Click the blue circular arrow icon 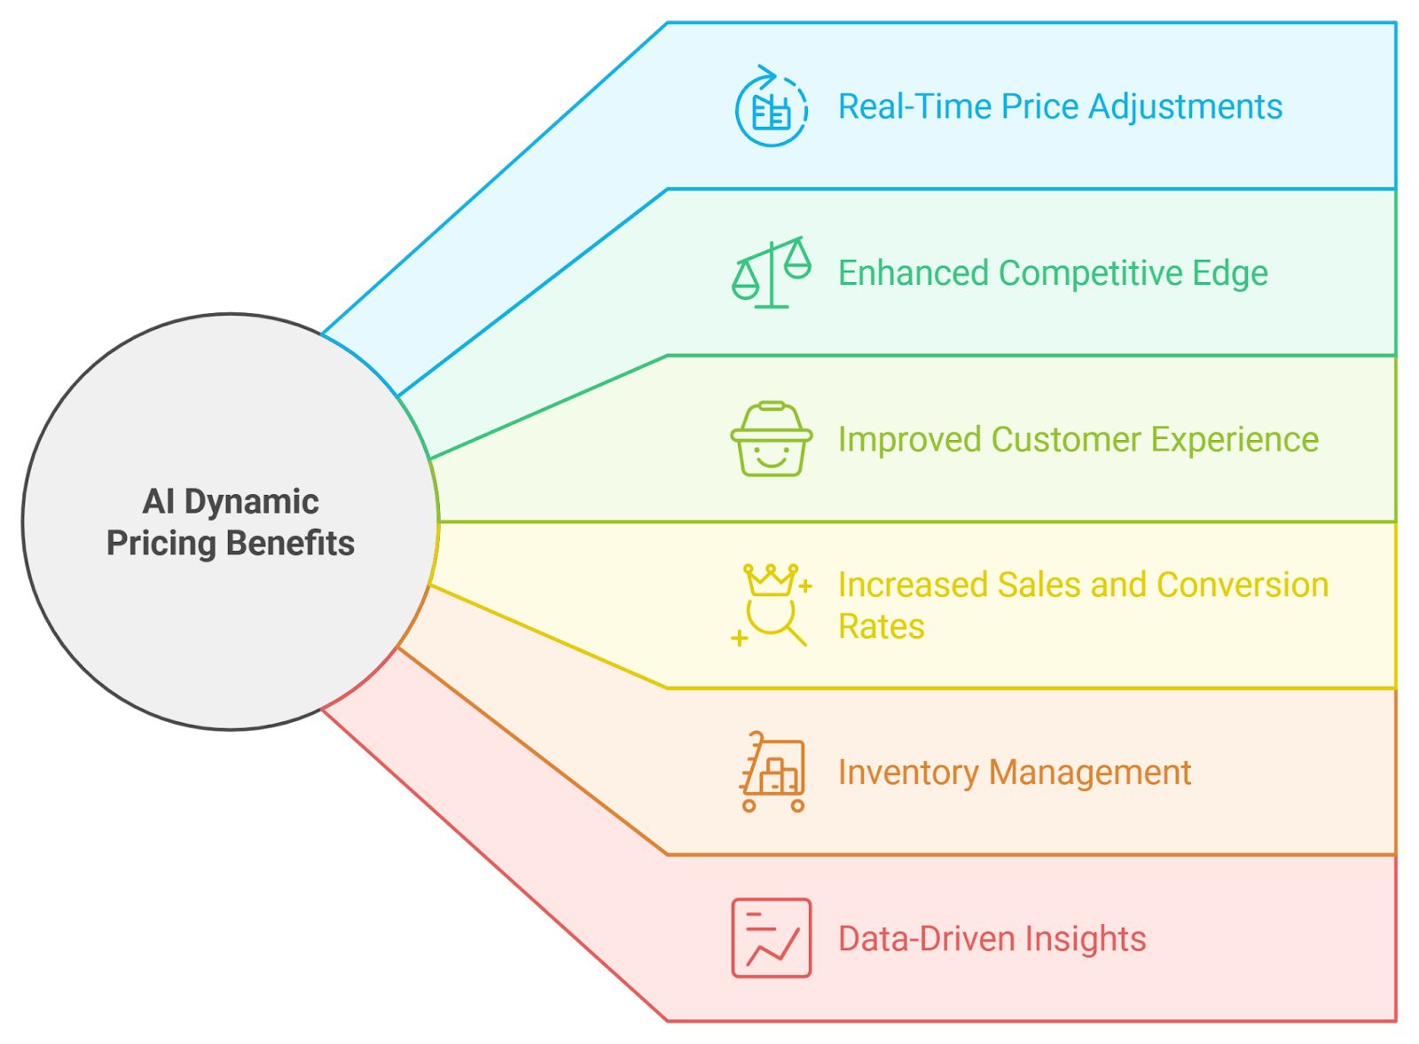click(x=771, y=107)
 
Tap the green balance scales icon click(x=772, y=273)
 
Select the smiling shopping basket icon click(x=771, y=440)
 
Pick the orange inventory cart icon click(x=772, y=772)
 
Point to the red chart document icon click(x=771, y=938)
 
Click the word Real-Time click(x=914, y=106)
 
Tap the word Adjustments click(x=1185, y=106)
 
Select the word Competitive click(x=1091, y=273)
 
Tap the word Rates click(x=881, y=627)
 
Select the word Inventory click(x=908, y=773)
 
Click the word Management click(x=1090, y=773)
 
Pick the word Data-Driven click(x=926, y=938)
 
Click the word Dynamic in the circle click(x=251, y=502)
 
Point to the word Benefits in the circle click(x=291, y=543)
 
